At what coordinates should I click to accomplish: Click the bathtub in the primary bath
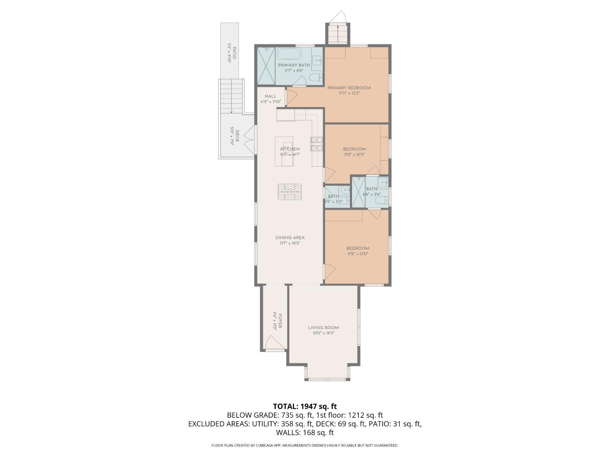point(289,55)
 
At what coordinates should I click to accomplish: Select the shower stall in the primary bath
point(266,66)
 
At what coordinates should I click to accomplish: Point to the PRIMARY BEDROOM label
point(349,88)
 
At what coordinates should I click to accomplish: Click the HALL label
point(270,96)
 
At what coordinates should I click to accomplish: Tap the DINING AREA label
point(290,237)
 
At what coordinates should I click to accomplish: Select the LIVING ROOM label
point(323,327)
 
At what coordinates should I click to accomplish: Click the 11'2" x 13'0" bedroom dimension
point(358,254)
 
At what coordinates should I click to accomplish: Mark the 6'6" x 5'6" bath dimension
point(372,194)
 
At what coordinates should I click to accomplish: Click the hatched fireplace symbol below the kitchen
point(290,192)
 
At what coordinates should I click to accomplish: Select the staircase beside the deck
point(231,97)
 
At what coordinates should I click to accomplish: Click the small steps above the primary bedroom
point(338,34)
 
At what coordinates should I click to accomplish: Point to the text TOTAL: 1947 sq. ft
point(305,406)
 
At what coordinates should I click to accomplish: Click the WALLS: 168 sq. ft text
point(305,433)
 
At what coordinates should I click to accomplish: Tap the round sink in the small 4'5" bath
point(345,190)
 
